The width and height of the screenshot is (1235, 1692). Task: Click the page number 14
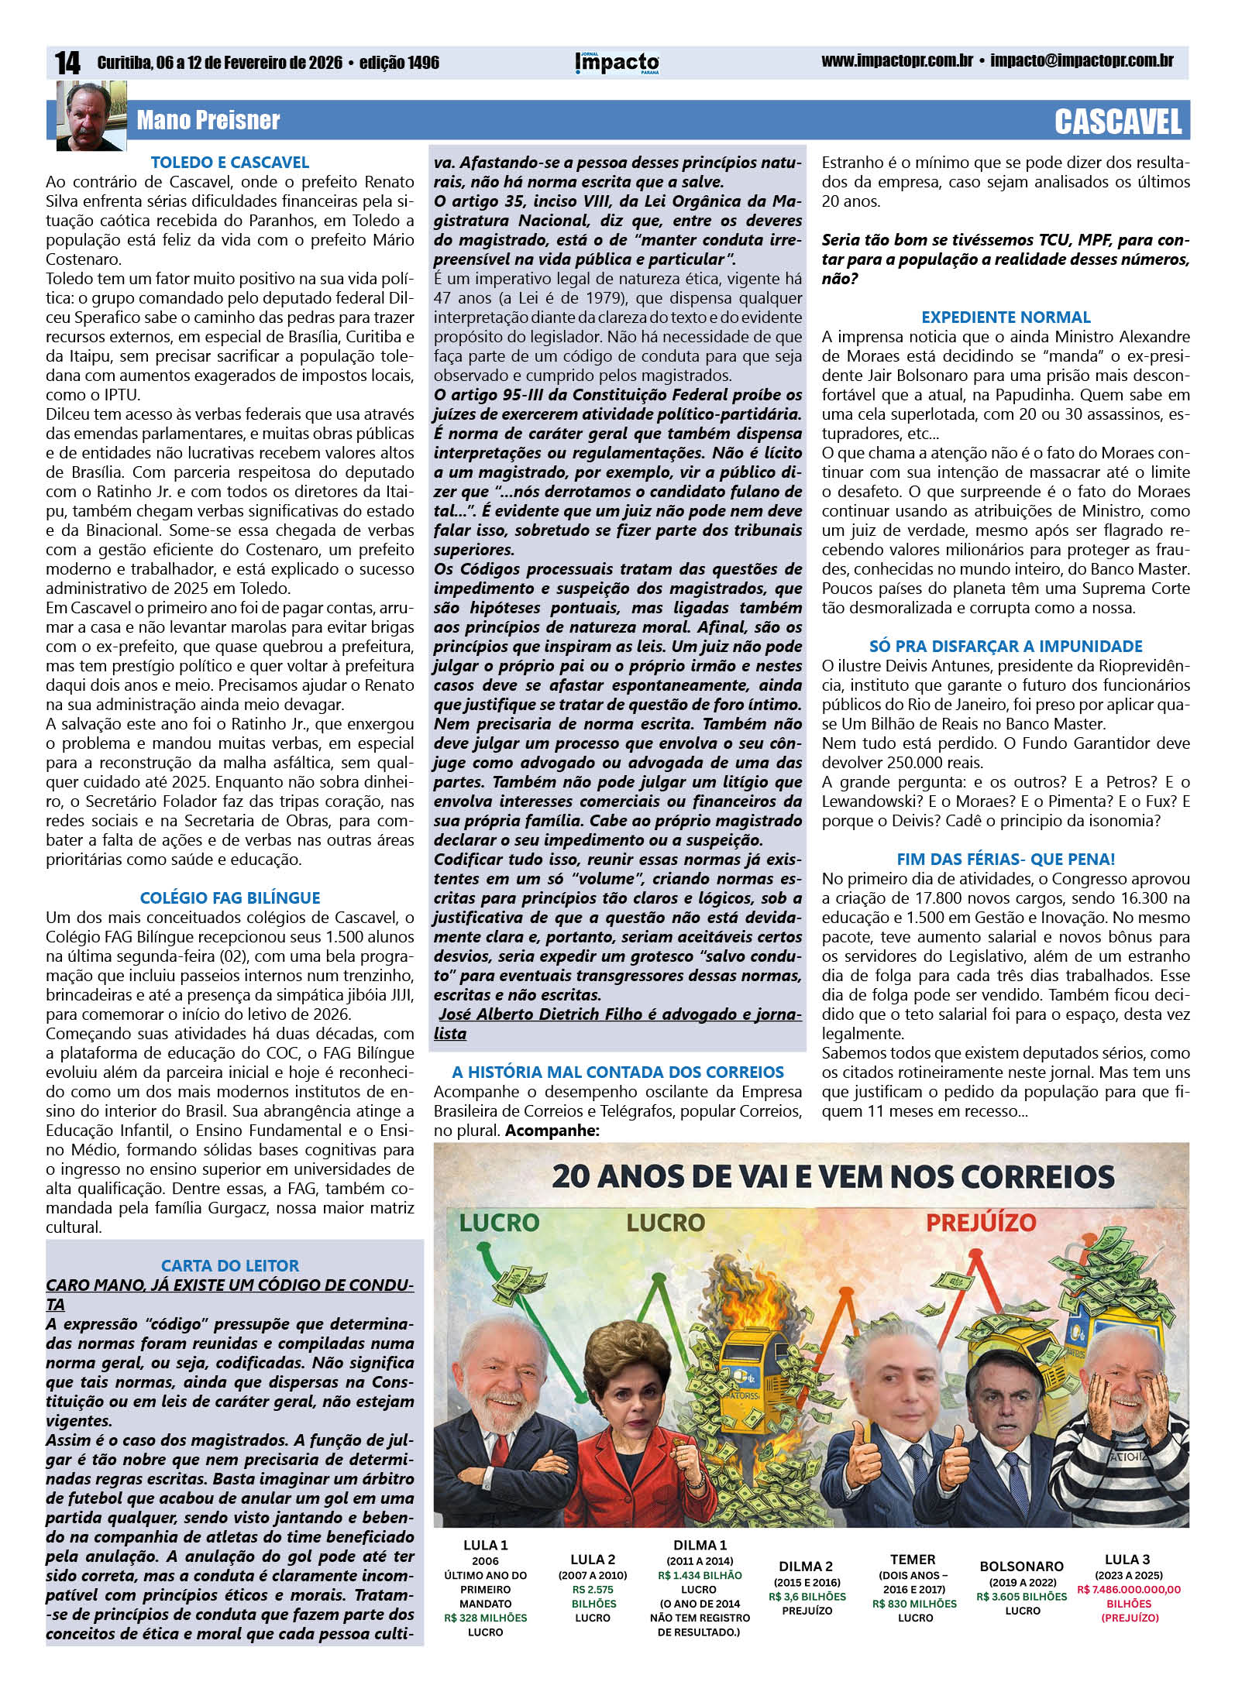pyautogui.click(x=67, y=63)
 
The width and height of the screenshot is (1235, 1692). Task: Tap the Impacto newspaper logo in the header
pyautogui.click(x=617, y=63)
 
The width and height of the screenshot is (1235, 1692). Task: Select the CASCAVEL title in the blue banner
pyautogui.click(x=1117, y=122)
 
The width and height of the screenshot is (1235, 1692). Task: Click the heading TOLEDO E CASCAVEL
pyautogui.click(x=230, y=163)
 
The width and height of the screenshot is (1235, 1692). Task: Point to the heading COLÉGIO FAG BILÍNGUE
pyautogui.click(x=230, y=898)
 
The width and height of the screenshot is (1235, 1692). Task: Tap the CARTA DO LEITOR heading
pyautogui.click(x=230, y=1265)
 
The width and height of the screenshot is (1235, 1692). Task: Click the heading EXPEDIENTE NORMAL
pyautogui.click(x=1005, y=317)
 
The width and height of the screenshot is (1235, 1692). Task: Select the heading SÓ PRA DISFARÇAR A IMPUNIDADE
pyautogui.click(x=1005, y=646)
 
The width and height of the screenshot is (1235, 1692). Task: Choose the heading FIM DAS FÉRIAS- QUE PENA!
pyautogui.click(x=1005, y=859)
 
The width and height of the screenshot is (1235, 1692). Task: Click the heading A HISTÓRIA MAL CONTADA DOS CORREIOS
pyautogui.click(x=617, y=1072)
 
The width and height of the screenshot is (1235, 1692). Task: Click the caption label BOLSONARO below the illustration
pyautogui.click(x=1023, y=1565)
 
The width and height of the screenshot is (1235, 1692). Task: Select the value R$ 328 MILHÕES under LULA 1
pyautogui.click(x=486, y=1618)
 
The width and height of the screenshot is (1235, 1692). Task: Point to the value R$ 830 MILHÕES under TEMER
pyautogui.click(x=914, y=1604)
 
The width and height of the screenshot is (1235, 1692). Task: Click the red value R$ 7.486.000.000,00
pyautogui.click(x=1128, y=1590)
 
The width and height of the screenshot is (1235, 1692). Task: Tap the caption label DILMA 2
pyautogui.click(x=807, y=1567)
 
